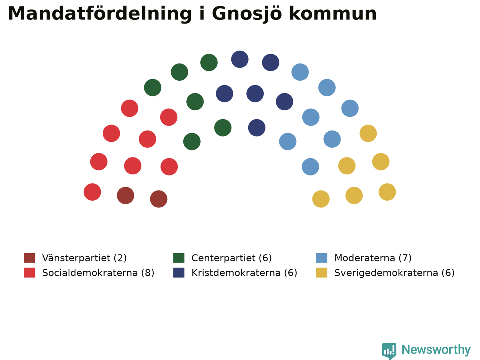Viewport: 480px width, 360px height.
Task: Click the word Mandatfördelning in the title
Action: coord(100,14)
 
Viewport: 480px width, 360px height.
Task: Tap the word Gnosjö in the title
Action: coord(247,14)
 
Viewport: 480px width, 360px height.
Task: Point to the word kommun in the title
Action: coord(333,14)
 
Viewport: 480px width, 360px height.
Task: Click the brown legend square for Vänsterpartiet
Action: coord(30,258)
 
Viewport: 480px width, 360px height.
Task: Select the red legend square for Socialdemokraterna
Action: coord(30,273)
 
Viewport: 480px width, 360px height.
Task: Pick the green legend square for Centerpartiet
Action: coord(178,258)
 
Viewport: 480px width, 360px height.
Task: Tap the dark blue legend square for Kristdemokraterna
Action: coord(178,273)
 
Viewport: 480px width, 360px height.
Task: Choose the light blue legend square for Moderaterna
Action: coord(322,258)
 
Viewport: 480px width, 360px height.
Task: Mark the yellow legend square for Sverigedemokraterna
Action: coord(322,273)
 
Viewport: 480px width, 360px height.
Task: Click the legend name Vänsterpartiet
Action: coord(76,258)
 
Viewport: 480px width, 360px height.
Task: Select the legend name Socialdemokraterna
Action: coord(90,273)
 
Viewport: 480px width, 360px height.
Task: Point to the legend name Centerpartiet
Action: coord(223,258)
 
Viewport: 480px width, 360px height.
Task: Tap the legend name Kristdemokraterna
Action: coord(236,273)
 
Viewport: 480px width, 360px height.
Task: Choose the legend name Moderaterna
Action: coord(365,258)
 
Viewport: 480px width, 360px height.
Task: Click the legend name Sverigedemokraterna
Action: coord(386,273)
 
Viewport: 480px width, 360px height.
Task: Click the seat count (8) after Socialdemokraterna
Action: coord(148,273)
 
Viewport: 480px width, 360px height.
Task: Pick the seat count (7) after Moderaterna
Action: coord(405,258)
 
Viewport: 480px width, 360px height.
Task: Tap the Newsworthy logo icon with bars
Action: coord(389,351)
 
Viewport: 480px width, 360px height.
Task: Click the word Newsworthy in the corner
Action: coord(436,350)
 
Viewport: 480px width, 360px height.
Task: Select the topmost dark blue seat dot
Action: coord(240,59)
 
